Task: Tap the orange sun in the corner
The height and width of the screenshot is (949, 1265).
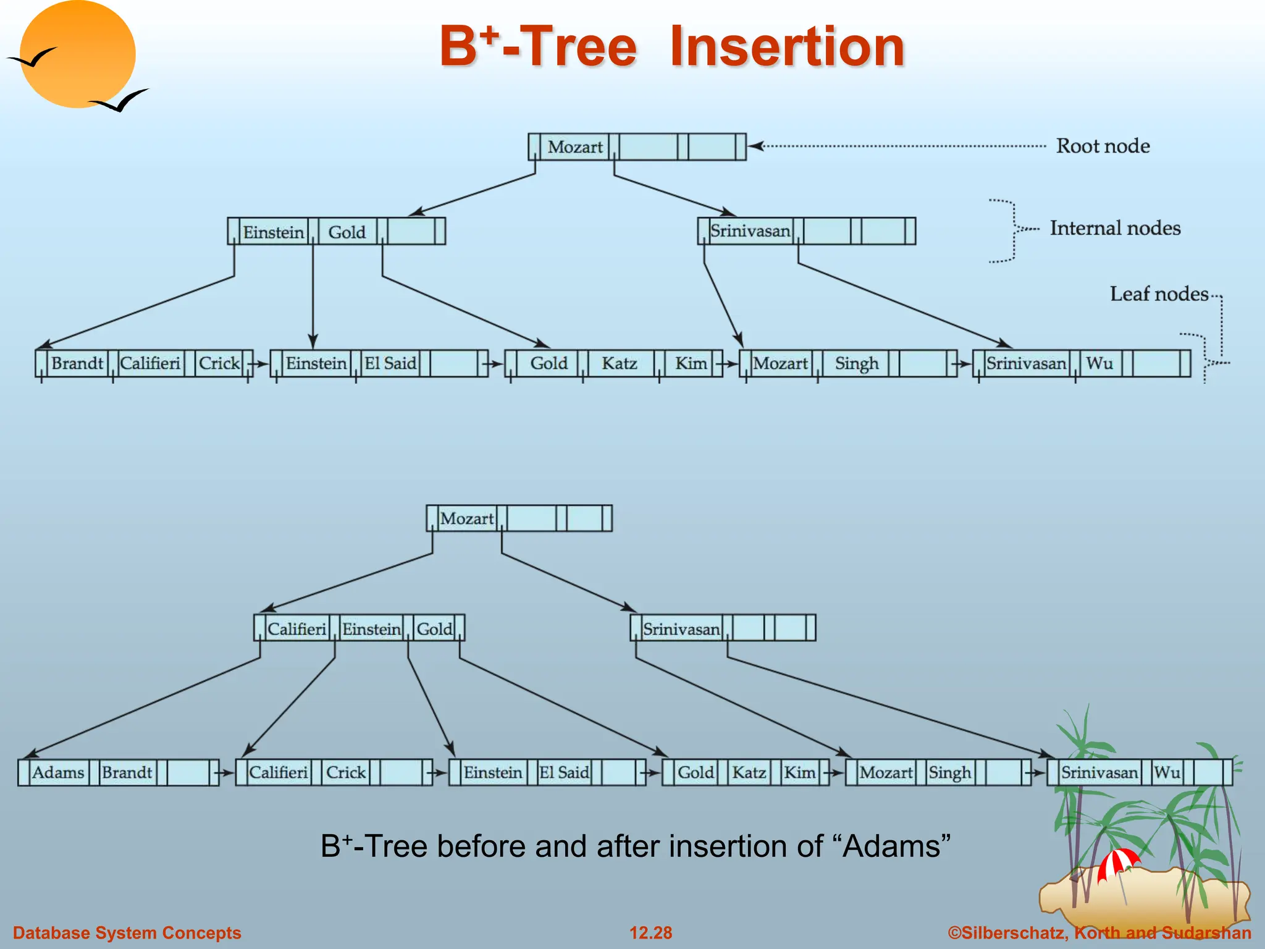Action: click(77, 54)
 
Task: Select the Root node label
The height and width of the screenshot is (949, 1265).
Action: click(1103, 146)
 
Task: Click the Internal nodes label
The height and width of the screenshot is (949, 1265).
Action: click(1115, 228)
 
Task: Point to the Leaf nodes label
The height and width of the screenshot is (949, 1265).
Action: click(1159, 293)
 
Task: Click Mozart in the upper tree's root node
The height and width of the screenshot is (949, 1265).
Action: click(574, 147)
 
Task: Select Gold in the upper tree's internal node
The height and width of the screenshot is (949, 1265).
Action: click(347, 232)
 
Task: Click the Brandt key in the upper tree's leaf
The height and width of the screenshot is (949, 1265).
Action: click(77, 363)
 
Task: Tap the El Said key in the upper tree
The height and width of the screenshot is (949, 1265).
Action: click(390, 363)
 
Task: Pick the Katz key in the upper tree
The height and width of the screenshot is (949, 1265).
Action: click(619, 363)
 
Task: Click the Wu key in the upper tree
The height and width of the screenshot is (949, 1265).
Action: click(1099, 363)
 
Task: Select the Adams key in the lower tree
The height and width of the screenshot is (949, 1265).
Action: click(58, 772)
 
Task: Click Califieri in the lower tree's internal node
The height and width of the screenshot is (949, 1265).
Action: click(296, 629)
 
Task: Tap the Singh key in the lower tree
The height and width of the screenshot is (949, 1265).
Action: click(949, 772)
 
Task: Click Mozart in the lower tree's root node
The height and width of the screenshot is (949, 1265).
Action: click(467, 518)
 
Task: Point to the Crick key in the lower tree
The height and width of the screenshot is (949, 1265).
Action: click(346, 772)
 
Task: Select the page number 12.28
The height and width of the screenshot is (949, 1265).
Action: click(650, 932)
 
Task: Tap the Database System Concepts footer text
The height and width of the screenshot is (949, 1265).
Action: click(127, 932)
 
